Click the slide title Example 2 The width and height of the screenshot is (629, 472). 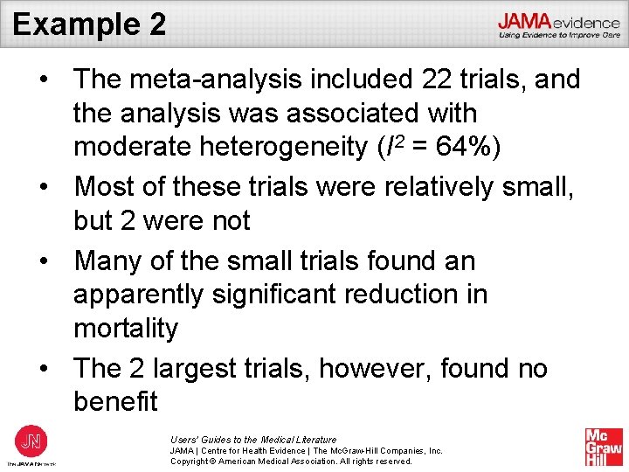(89, 24)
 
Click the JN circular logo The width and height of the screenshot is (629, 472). (32, 441)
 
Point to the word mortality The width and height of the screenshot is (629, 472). (126, 329)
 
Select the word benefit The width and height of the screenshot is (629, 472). (116, 402)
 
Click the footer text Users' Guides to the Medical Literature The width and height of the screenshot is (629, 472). (253, 440)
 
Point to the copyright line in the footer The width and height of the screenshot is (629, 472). (291, 462)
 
